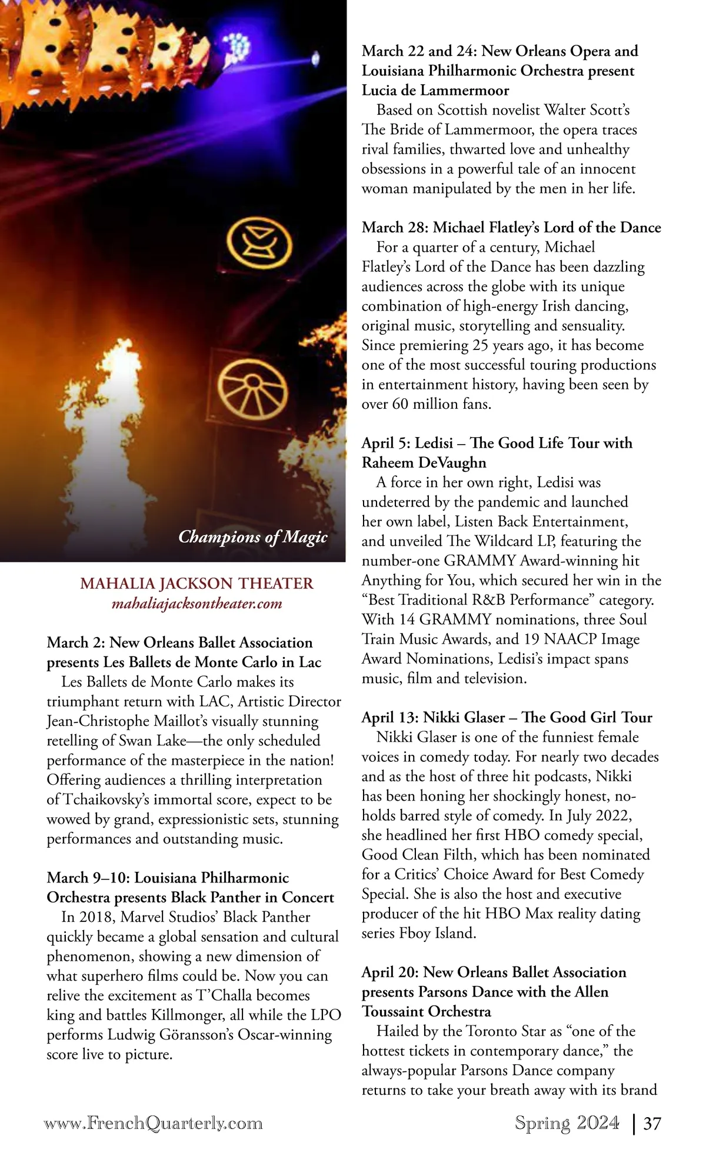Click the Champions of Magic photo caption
252,537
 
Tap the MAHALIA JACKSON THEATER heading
197,584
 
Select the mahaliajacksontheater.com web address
197,603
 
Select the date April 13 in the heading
389,718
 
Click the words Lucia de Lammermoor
435,91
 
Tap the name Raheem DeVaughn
424,462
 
